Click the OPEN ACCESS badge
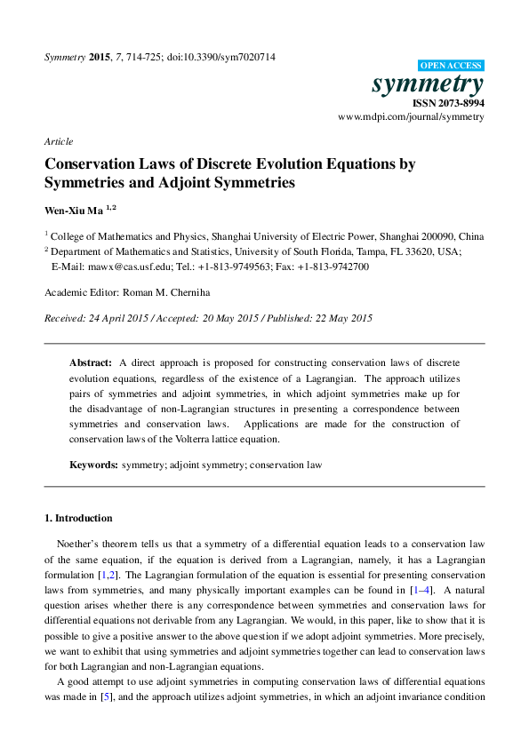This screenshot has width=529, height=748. click(x=450, y=66)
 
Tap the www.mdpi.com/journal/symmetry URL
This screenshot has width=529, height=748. click(x=411, y=117)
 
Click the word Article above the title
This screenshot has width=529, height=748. click(x=59, y=142)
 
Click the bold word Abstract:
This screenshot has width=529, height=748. click(x=91, y=363)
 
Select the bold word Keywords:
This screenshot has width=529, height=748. click(x=93, y=465)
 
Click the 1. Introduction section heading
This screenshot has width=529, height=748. click(x=78, y=518)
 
